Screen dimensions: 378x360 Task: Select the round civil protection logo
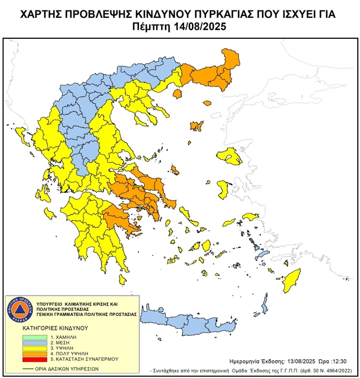(x=19, y=309)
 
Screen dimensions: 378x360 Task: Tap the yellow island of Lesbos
(x=231, y=157)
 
